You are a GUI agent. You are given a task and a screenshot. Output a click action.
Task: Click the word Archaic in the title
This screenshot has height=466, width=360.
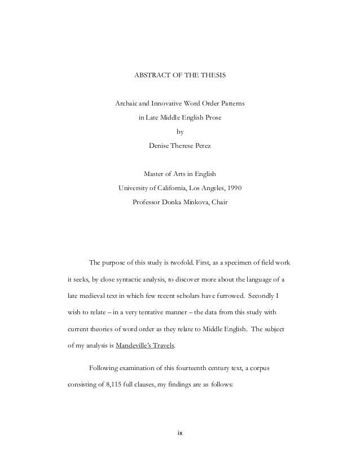coord(127,104)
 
